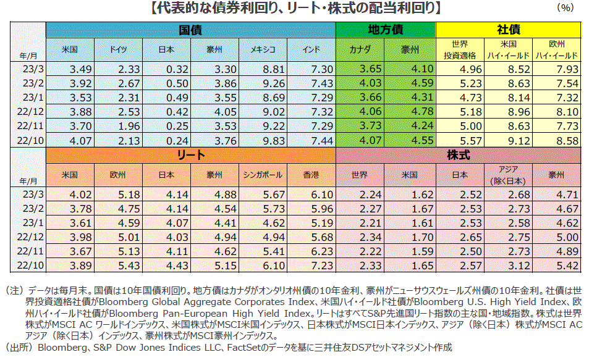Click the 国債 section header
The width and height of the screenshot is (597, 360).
pos(190,29)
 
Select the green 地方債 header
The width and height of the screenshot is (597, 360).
pos(386,29)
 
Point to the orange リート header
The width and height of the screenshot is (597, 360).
pos(190,155)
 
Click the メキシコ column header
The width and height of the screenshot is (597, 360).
pos(263,49)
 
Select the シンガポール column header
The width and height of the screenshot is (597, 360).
pos(263,175)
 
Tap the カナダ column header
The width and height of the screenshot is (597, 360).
pos(360,49)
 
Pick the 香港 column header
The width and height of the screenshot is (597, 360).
pos(311,175)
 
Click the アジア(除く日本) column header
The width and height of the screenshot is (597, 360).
pos(508,175)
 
